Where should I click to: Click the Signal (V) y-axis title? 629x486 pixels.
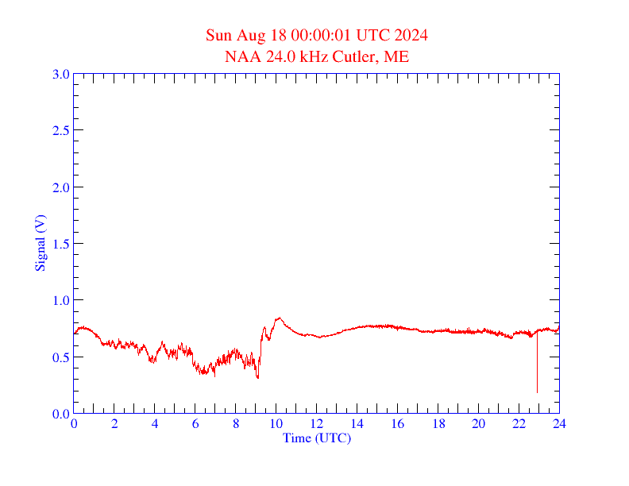tap(40, 243)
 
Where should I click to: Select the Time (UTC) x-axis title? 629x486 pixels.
tap(316, 438)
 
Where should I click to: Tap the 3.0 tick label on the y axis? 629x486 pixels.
tap(61, 74)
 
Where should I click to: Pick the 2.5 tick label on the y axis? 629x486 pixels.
tap(61, 130)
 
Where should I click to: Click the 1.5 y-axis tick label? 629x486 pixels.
tap(61, 244)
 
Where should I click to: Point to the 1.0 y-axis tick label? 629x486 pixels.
tap(61, 300)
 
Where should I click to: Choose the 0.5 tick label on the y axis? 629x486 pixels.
tap(61, 357)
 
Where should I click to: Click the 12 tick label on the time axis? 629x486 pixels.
tap(317, 424)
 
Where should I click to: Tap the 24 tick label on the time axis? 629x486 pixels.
tap(559, 424)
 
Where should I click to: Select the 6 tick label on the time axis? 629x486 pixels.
tap(195, 424)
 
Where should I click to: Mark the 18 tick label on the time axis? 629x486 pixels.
tap(438, 424)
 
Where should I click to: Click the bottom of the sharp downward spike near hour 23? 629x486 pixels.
tap(537, 391)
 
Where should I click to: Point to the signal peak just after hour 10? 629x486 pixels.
tap(278, 318)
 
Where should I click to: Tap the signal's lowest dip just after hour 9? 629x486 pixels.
tap(257, 377)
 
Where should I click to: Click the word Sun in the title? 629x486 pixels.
tap(218, 35)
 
